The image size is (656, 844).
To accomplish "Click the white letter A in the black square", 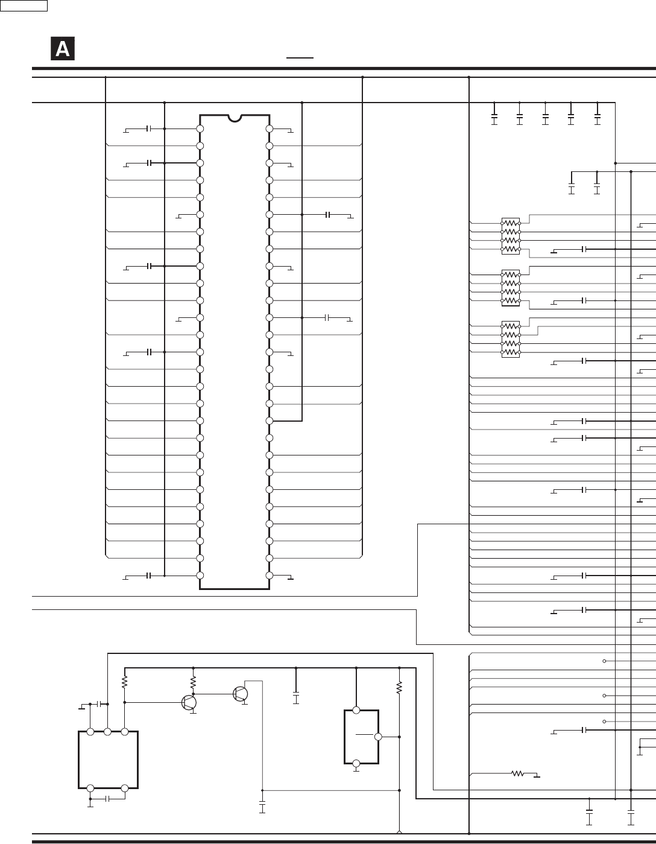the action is coord(63,49).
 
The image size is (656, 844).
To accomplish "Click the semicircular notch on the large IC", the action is coord(235,118).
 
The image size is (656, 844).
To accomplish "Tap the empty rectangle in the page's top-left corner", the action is coord(24,5).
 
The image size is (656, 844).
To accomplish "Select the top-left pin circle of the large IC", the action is coord(200,129).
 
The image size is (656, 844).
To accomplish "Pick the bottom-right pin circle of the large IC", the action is coord(270,575).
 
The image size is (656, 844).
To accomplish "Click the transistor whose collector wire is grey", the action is coord(241,694).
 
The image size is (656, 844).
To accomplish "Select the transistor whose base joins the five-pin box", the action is coord(189,702).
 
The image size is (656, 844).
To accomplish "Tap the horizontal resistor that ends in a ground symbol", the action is coord(517,773).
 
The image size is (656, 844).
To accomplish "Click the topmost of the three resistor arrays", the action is coord(511,236).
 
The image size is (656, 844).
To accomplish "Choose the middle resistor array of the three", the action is coord(511,288).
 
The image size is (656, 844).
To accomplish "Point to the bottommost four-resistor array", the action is coord(511,339).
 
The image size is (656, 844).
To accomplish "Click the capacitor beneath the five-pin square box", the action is coord(107,799).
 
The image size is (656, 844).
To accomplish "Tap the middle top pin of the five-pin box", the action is coord(107,732).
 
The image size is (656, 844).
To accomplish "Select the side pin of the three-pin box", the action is coord(378,737).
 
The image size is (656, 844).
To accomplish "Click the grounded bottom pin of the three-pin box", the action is coord(356,764).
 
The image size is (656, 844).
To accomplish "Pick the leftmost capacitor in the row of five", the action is coord(494,116).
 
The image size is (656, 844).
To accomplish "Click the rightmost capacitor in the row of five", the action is coord(598,116).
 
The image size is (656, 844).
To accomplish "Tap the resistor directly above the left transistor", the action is coord(194,682).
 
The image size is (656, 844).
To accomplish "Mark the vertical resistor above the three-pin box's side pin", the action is coord(399,688).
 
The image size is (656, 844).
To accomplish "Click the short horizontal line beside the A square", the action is coord(300,58).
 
